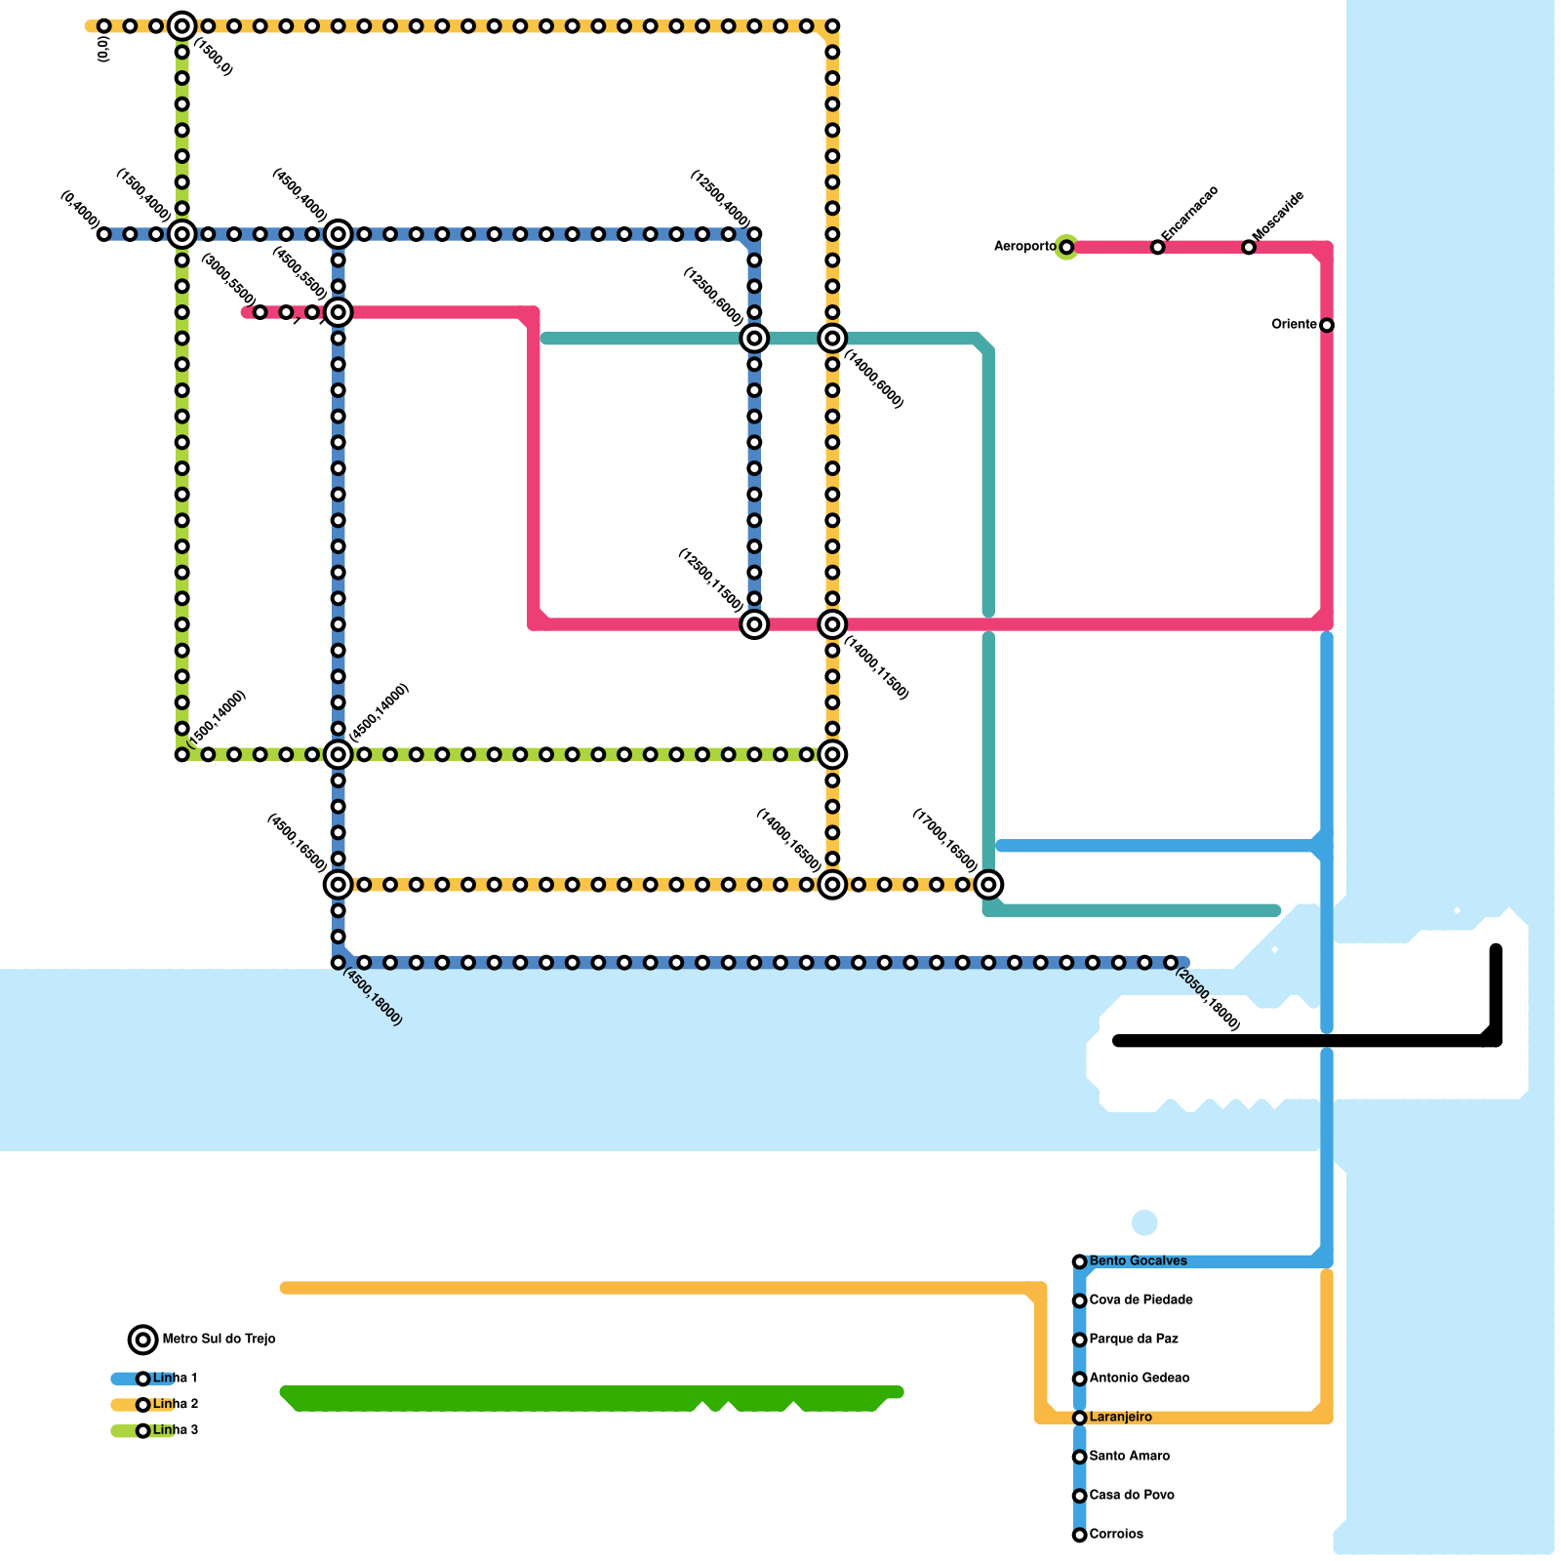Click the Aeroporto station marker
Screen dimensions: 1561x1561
pyautogui.click(x=1066, y=248)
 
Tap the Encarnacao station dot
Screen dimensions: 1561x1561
pyautogui.click(x=1157, y=248)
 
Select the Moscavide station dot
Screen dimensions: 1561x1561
pyautogui.click(x=1249, y=248)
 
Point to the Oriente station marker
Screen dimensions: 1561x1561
pyautogui.click(x=1327, y=325)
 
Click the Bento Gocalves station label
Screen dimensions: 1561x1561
pyautogui.click(x=1138, y=1261)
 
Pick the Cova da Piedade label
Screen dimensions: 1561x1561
pyautogui.click(x=1141, y=1301)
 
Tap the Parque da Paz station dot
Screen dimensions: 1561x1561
pyautogui.click(x=1079, y=1340)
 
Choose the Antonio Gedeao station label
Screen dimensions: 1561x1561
pyautogui.click(x=1139, y=1379)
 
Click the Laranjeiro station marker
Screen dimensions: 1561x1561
pyautogui.click(x=1079, y=1418)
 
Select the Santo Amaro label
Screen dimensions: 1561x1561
pyautogui.click(x=1129, y=1457)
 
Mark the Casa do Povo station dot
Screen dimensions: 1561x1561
pyautogui.click(x=1079, y=1496)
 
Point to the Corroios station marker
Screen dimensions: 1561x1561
pyautogui.click(x=1079, y=1535)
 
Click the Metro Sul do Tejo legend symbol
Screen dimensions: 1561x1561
pyautogui.click(x=143, y=1340)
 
